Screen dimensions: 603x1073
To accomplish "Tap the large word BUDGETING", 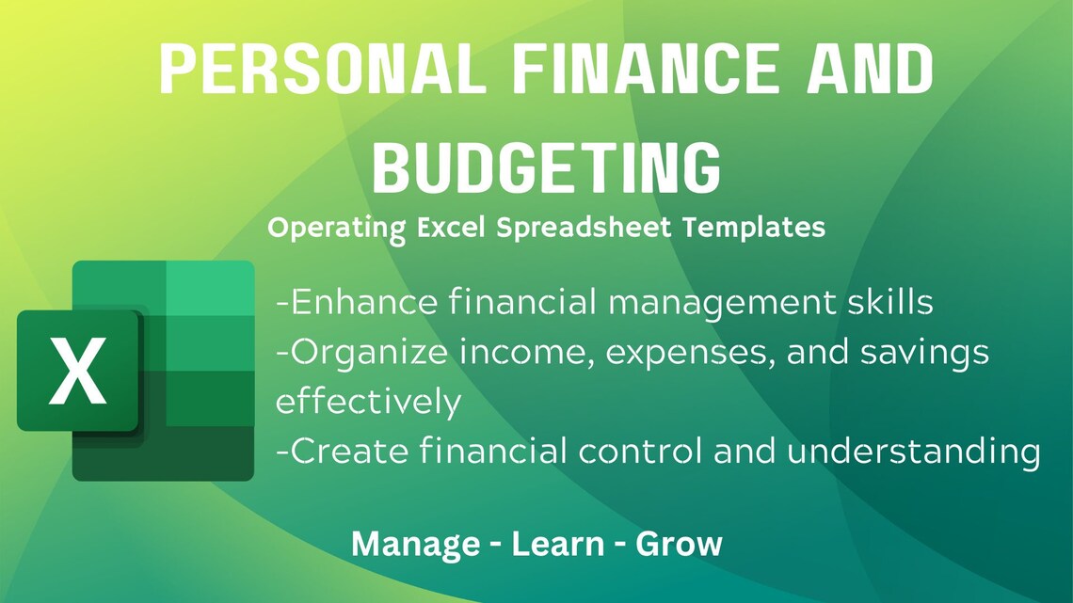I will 546,167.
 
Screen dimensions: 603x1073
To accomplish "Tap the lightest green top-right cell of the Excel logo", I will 210,288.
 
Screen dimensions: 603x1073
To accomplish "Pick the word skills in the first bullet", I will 888,303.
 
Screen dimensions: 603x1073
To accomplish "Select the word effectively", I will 368,402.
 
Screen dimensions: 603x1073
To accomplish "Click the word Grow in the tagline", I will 679,544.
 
